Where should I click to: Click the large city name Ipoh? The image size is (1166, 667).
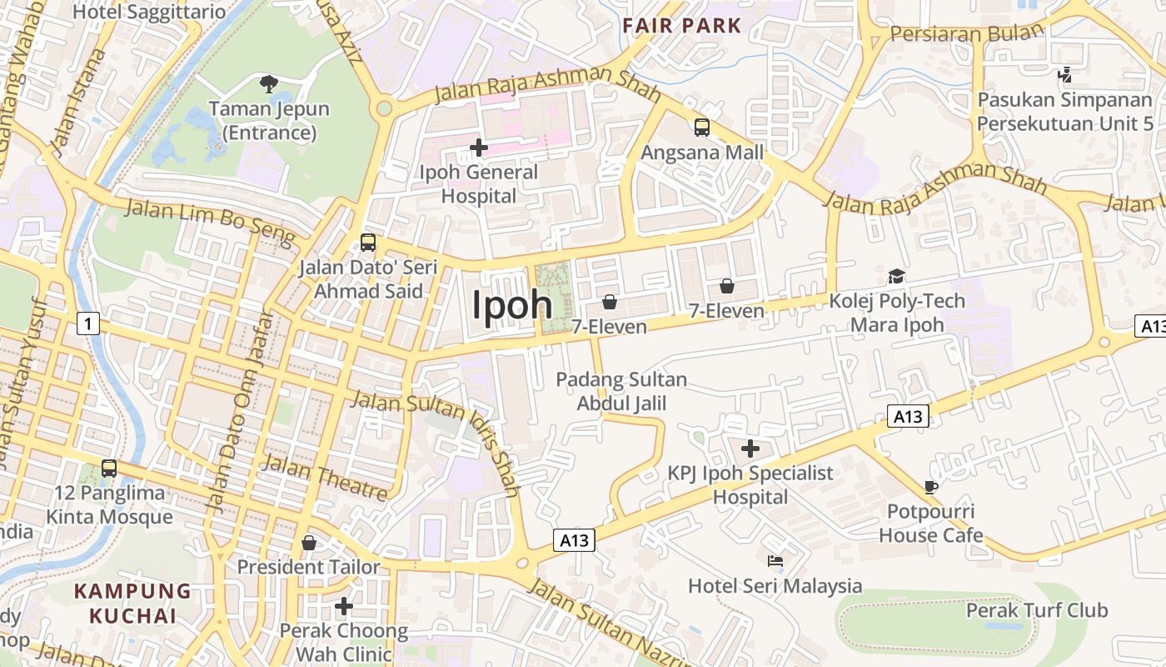click(x=512, y=305)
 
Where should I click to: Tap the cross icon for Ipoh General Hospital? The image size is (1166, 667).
click(x=479, y=148)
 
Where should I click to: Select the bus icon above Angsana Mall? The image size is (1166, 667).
click(x=702, y=128)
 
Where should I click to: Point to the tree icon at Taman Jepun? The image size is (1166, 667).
click(x=268, y=83)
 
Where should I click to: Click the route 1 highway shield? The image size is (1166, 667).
click(x=88, y=323)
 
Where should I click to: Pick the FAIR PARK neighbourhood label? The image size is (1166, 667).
click(x=682, y=25)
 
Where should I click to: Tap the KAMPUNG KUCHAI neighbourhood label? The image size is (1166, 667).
click(x=133, y=604)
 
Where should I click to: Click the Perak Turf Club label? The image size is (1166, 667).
click(x=1037, y=610)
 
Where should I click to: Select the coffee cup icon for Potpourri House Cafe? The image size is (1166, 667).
click(x=931, y=487)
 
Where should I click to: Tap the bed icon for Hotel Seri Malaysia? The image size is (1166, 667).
click(x=775, y=561)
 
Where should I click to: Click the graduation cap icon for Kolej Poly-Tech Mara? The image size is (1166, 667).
click(x=896, y=276)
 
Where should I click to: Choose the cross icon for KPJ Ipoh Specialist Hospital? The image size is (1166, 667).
click(x=750, y=449)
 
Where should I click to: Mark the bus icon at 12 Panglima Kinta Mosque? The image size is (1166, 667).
click(x=109, y=468)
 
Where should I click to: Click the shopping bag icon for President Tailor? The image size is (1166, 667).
click(x=309, y=543)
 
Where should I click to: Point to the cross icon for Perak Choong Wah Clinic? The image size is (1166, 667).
click(x=343, y=605)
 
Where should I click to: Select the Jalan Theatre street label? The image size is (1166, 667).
click(x=326, y=478)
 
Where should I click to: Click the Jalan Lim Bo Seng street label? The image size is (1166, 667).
click(x=210, y=222)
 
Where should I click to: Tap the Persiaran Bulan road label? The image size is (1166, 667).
click(x=966, y=33)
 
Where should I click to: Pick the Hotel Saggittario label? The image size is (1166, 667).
click(x=149, y=12)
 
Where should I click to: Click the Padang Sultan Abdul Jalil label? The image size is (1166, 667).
click(x=622, y=392)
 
